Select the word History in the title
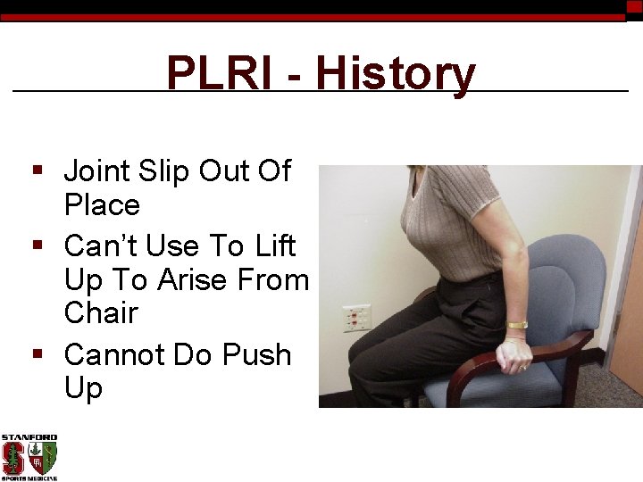click(395, 74)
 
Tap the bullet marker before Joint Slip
click(38, 170)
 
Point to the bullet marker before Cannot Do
click(38, 354)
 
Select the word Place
click(102, 205)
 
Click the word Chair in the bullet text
click(101, 313)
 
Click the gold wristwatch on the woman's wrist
click(517, 325)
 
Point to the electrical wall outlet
click(356, 318)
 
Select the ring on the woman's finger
click(522, 367)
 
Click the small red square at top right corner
click(634, 7)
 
